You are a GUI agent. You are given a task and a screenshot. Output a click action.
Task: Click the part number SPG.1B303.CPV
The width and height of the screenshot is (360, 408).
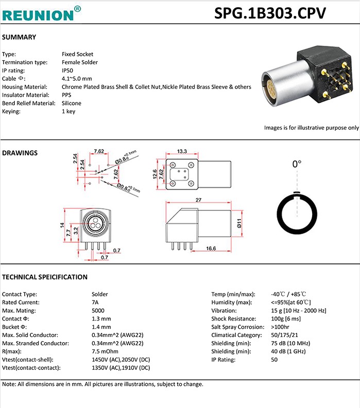(270, 13)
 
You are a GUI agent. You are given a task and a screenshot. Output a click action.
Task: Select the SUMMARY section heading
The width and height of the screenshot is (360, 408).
(19, 37)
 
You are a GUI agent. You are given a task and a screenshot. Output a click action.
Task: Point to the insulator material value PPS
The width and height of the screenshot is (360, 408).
(66, 95)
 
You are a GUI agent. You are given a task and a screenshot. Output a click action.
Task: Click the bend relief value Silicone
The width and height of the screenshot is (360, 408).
(72, 103)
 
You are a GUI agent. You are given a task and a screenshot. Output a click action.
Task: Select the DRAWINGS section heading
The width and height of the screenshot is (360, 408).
(20, 153)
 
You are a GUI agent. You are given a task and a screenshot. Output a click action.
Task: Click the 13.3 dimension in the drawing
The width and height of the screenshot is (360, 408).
(181, 152)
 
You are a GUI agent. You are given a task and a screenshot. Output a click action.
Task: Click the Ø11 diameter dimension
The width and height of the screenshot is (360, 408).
(239, 222)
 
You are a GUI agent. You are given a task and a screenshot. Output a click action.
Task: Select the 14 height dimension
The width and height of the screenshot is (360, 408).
(61, 225)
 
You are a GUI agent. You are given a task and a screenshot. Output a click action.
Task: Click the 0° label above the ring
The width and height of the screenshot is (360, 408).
(297, 165)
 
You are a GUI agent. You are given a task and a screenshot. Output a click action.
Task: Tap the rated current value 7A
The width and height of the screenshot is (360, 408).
(95, 303)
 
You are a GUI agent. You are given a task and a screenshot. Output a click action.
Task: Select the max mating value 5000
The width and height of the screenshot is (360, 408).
(98, 311)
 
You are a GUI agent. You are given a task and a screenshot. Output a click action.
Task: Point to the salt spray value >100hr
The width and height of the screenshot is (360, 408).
(280, 327)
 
